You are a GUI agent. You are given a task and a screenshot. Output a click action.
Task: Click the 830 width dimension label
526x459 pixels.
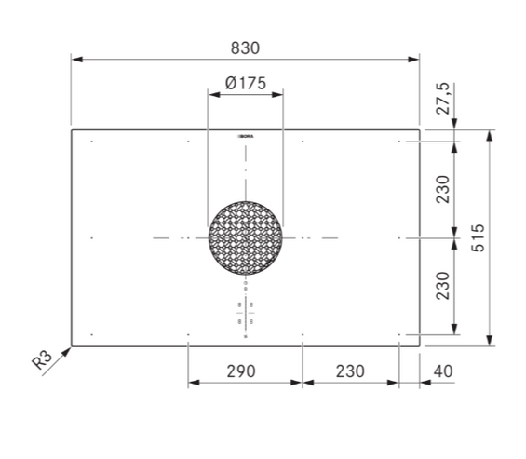(245, 48)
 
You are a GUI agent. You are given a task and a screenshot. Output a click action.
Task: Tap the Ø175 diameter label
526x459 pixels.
(246, 83)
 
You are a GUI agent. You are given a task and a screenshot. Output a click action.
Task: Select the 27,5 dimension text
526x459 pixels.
(442, 99)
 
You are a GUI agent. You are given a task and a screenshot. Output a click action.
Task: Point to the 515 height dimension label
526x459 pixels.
(478, 237)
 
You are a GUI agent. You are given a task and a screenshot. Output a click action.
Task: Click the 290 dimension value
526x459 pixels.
(241, 371)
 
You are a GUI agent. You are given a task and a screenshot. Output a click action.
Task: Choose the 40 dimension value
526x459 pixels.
(443, 371)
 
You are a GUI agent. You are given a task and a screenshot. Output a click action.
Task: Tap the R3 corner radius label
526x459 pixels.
(42, 359)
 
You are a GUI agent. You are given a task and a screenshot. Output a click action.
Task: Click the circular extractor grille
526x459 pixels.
(245, 238)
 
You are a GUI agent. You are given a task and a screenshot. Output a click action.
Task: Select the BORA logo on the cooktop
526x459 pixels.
(246, 137)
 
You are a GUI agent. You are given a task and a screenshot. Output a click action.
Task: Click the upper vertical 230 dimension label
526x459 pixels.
(442, 189)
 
